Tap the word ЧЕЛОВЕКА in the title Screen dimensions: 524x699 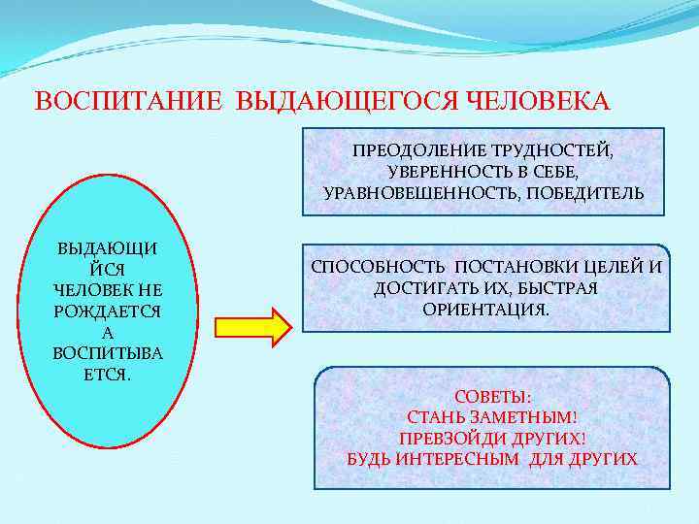[x=539, y=102]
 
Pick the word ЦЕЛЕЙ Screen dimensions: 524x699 [x=610, y=267]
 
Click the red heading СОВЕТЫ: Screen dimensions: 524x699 [x=492, y=397]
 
